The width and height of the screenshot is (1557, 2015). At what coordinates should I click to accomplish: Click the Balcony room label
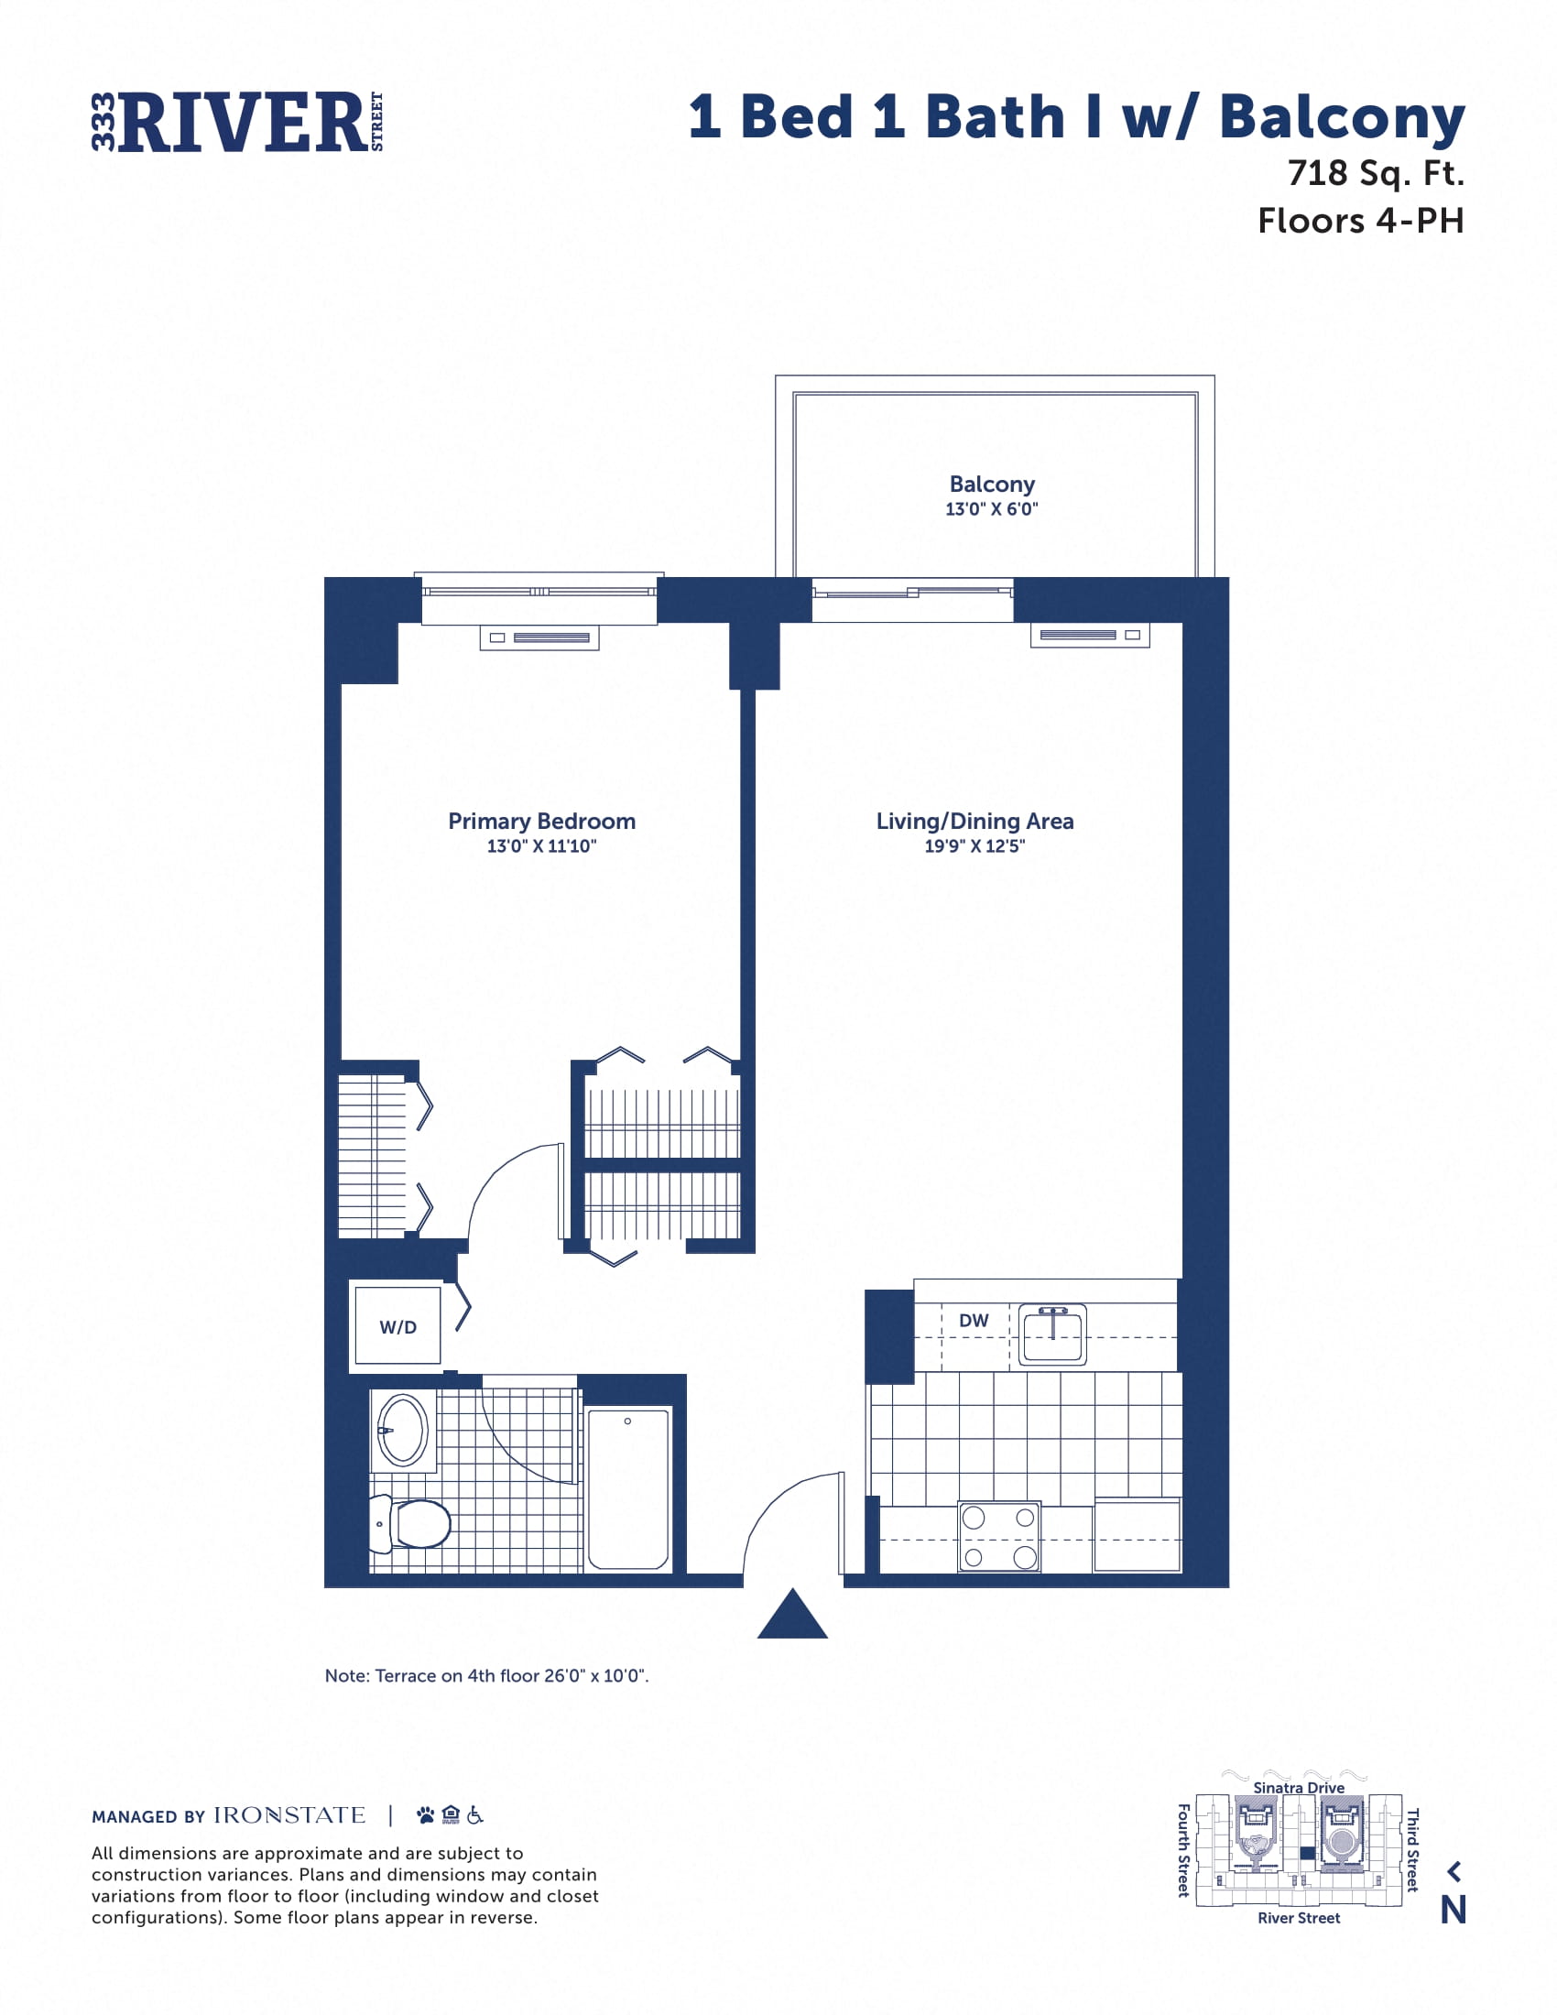[992, 485]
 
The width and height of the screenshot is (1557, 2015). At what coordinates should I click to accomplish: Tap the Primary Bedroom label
[541, 822]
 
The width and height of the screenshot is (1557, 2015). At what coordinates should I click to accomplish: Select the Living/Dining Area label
[975, 822]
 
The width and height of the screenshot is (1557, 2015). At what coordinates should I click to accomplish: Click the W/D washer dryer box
[397, 1326]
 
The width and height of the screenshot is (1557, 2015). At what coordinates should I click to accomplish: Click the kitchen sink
[1052, 1334]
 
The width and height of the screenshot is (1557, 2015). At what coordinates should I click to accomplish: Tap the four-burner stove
[999, 1536]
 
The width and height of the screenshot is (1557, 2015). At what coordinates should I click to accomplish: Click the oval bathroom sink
[402, 1430]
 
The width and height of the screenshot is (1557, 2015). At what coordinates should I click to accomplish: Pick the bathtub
[628, 1487]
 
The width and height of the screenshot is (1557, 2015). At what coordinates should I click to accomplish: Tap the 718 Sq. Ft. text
[1376, 172]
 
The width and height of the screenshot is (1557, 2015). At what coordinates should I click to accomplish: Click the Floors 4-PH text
[1360, 221]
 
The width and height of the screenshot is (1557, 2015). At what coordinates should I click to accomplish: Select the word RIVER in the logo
[243, 123]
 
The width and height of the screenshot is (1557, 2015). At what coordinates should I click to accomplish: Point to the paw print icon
[425, 1814]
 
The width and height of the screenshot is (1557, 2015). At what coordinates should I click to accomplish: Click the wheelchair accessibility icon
[475, 1814]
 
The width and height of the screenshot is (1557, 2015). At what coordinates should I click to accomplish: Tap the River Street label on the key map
[1299, 1918]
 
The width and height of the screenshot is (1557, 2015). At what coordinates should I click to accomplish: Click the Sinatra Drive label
[1299, 1787]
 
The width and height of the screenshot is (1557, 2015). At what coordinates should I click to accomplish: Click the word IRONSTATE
[289, 1815]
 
